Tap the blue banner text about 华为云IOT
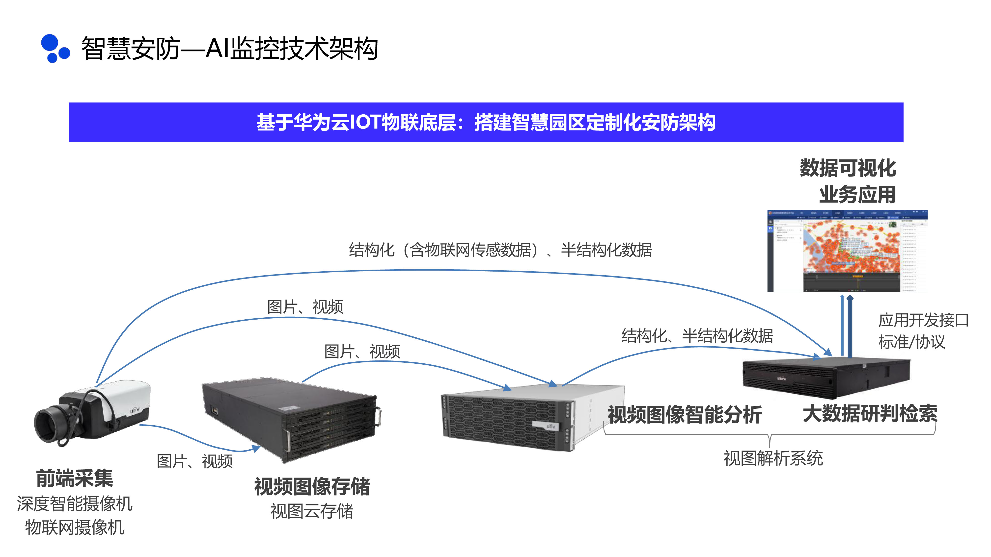(x=486, y=122)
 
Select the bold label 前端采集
(x=75, y=478)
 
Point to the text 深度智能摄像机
(x=75, y=504)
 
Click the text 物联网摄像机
(x=75, y=527)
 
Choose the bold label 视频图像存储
(x=312, y=487)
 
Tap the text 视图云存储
(x=312, y=511)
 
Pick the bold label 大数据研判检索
(x=870, y=414)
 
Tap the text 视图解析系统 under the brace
(x=773, y=458)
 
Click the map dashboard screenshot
(x=847, y=251)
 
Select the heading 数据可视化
(x=848, y=168)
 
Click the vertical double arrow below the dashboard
(x=846, y=325)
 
